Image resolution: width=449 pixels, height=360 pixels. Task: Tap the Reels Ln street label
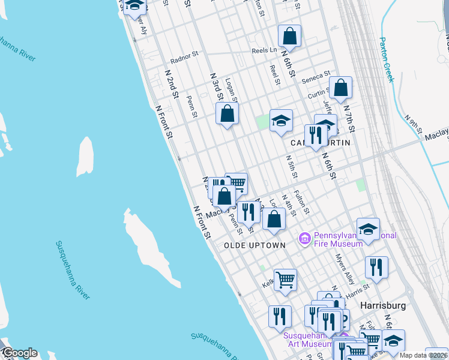[264, 50]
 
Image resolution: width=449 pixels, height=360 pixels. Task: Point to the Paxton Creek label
[387, 59]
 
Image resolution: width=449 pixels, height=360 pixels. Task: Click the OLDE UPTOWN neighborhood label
[255, 246]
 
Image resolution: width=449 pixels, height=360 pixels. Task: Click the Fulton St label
[301, 202]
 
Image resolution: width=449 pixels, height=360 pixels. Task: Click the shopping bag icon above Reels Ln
[289, 35]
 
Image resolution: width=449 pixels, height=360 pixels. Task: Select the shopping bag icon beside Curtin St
[340, 88]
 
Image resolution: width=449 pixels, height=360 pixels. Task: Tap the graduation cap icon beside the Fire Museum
[368, 229]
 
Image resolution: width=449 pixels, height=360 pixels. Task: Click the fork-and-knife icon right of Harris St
[376, 267]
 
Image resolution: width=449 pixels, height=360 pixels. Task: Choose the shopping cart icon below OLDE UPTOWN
[285, 279]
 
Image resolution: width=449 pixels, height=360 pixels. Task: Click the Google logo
[19, 353]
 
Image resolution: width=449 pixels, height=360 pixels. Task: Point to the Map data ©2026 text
[426, 355]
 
